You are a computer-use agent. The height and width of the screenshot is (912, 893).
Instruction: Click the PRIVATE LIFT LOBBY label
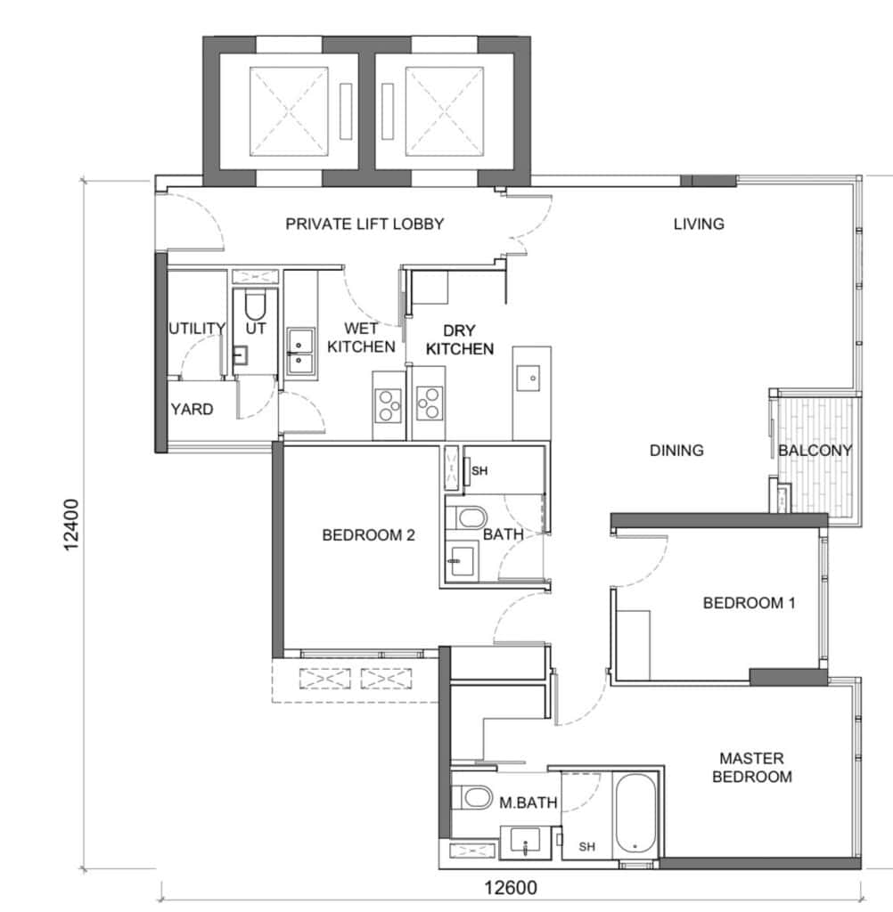tap(365, 224)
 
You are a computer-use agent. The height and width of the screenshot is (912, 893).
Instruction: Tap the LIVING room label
tap(699, 224)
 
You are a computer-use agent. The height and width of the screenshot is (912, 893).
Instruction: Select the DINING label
tap(676, 450)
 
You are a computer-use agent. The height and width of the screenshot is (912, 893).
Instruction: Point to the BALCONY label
tap(815, 450)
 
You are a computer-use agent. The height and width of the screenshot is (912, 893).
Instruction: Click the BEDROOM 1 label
tap(749, 603)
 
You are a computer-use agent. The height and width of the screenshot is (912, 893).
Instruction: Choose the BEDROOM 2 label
tap(368, 535)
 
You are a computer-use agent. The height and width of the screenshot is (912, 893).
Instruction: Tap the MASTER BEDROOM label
tap(751, 767)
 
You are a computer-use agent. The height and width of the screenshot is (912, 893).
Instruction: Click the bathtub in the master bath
tap(635, 814)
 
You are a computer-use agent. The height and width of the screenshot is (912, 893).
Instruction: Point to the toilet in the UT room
tap(255, 304)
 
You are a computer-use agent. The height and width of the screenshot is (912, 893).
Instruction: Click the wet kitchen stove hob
tap(388, 404)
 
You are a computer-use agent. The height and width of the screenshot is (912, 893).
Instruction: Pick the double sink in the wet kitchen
tap(300, 353)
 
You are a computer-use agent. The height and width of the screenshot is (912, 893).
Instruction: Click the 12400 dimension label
tap(71, 525)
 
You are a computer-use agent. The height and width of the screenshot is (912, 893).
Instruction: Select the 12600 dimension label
tap(511, 888)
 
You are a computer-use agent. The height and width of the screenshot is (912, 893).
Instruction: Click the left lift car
tap(289, 111)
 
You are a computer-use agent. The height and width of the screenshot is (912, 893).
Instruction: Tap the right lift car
tap(444, 111)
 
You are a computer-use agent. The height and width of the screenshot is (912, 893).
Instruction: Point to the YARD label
tap(192, 410)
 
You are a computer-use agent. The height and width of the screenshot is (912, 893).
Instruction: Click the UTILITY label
tap(197, 329)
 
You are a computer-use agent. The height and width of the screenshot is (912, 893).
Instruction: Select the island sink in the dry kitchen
tap(528, 379)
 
